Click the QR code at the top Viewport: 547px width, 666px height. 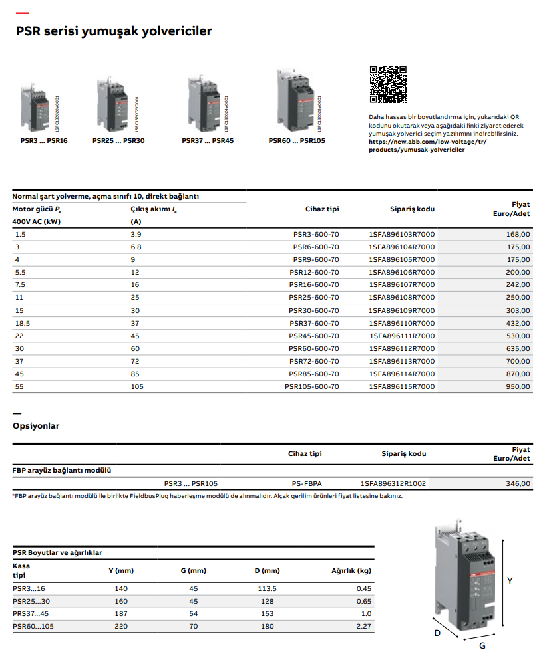[387, 84]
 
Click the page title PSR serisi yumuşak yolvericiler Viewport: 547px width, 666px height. [114, 31]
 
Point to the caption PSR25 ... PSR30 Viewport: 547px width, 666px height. [118, 141]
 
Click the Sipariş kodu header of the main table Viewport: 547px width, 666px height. [412, 209]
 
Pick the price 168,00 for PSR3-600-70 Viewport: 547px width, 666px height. [518, 234]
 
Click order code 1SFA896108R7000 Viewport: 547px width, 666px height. [401, 298]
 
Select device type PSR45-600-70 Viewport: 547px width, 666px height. [313, 336]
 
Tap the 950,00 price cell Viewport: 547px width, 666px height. [518, 386]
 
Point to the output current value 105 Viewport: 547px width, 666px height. [137, 386]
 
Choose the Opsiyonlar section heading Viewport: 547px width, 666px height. [36, 426]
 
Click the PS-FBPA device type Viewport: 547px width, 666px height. [307, 483]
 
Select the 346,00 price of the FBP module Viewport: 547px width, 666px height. [518, 483]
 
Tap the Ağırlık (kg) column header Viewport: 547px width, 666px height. [351, 570]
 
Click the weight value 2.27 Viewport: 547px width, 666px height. [363, 626]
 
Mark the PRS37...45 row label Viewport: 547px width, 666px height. [31, 613]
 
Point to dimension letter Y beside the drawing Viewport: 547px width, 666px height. [510, 580]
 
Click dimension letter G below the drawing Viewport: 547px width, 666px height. [482, 645]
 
